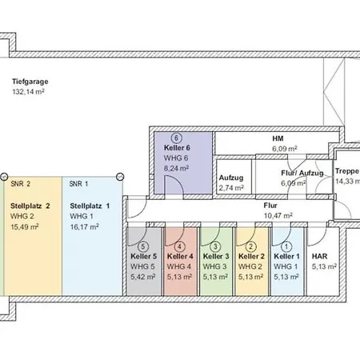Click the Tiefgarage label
pos(30,82)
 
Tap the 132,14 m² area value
pos(28,92)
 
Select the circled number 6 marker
pos(176,138)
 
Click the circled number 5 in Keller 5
pos(143,246)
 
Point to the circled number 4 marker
pos(179,246)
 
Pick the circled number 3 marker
pos(215,246)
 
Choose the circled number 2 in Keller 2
pos(250,246)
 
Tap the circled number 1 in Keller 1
pos(286,246)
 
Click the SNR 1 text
pos(78,184)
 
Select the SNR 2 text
pos(20,184)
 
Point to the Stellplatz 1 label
pos(90,206)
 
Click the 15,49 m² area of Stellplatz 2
pos(25,227)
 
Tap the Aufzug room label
pos(231,178)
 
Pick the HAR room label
pos(319,256)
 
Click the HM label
pos(278,138)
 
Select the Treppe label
pos(347,171)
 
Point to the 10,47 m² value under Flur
pos(278,215)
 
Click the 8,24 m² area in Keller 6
pos(176,169)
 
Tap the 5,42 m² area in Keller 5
pos(143,277)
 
